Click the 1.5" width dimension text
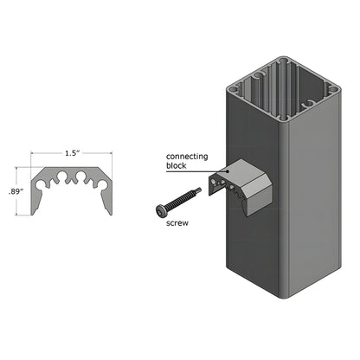click(74, 153)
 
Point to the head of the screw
click(161, 210)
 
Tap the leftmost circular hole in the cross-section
click(49, 183)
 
